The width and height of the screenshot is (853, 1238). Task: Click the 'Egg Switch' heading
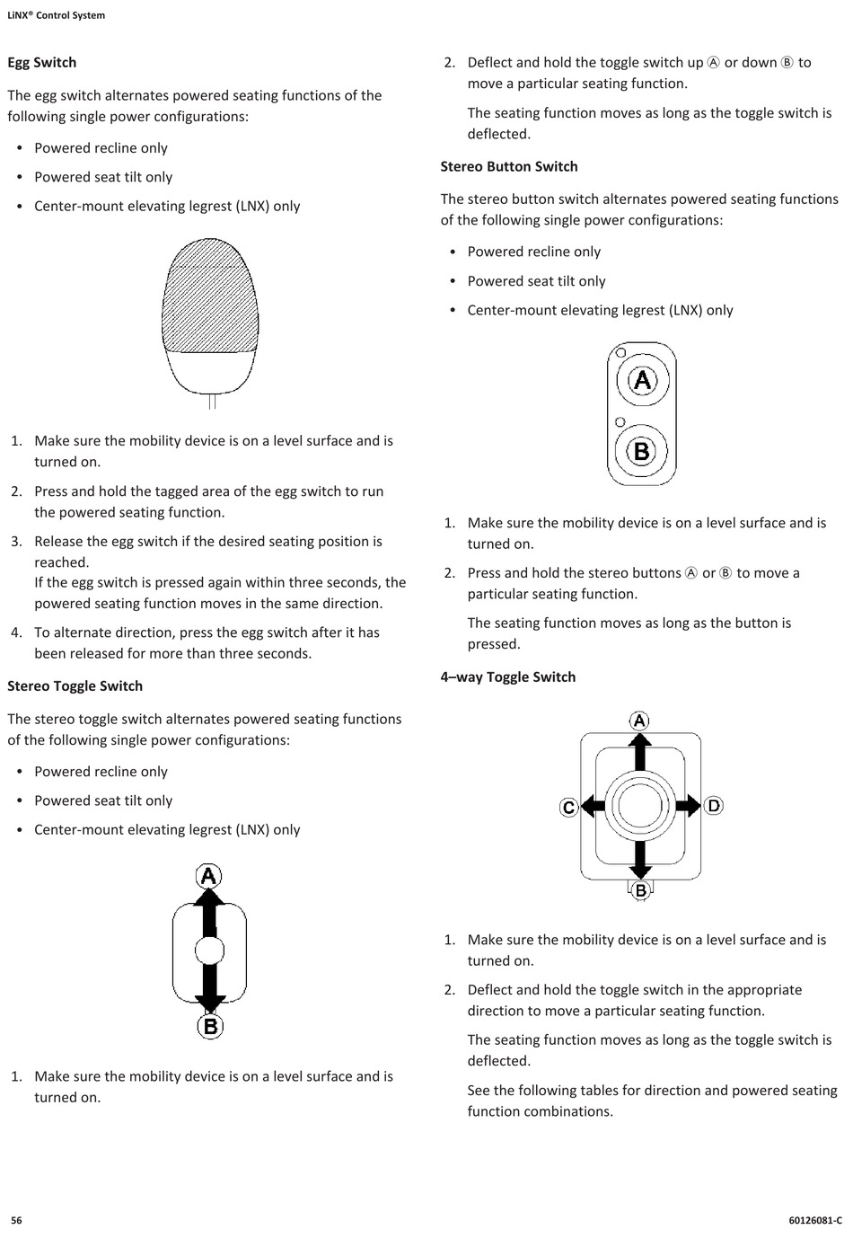click(42, 63)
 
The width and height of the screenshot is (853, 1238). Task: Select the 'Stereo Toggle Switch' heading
click(75, 686)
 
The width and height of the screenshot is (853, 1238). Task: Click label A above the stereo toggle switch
click(209, 876)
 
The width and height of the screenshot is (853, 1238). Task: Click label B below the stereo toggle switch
click(210, 1026)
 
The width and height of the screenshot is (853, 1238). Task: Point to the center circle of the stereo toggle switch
click(209, 951)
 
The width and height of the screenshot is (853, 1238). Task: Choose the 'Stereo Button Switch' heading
click(509, 167)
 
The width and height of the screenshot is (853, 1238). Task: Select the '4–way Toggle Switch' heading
click(508, 677)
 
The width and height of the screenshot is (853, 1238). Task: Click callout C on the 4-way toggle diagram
click(568, 807)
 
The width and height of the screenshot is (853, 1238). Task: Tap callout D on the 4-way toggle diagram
click(714, 806)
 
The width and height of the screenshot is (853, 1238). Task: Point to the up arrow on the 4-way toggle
click(639, 751)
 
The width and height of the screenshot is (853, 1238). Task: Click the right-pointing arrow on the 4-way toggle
click(688, 806)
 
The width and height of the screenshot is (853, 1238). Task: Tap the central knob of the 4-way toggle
click(640, 806)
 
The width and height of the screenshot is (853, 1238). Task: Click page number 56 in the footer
click(16, 1220)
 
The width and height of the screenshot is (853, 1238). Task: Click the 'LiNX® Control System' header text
click(57, 15)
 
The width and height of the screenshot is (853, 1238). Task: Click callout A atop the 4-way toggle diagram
click(639, 721)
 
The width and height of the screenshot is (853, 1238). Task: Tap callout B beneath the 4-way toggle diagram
click(640, 890)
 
